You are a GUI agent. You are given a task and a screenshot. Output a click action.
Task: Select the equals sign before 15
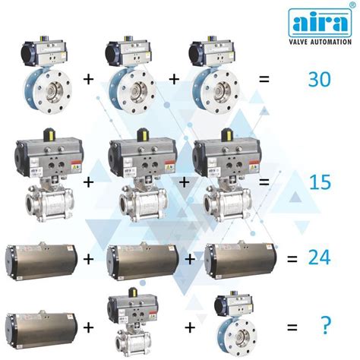coord(263,182)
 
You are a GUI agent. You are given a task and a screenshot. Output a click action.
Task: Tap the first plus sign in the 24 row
coord(89,259)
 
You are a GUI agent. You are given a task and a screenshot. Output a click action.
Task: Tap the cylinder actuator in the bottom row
coord(40,327)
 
